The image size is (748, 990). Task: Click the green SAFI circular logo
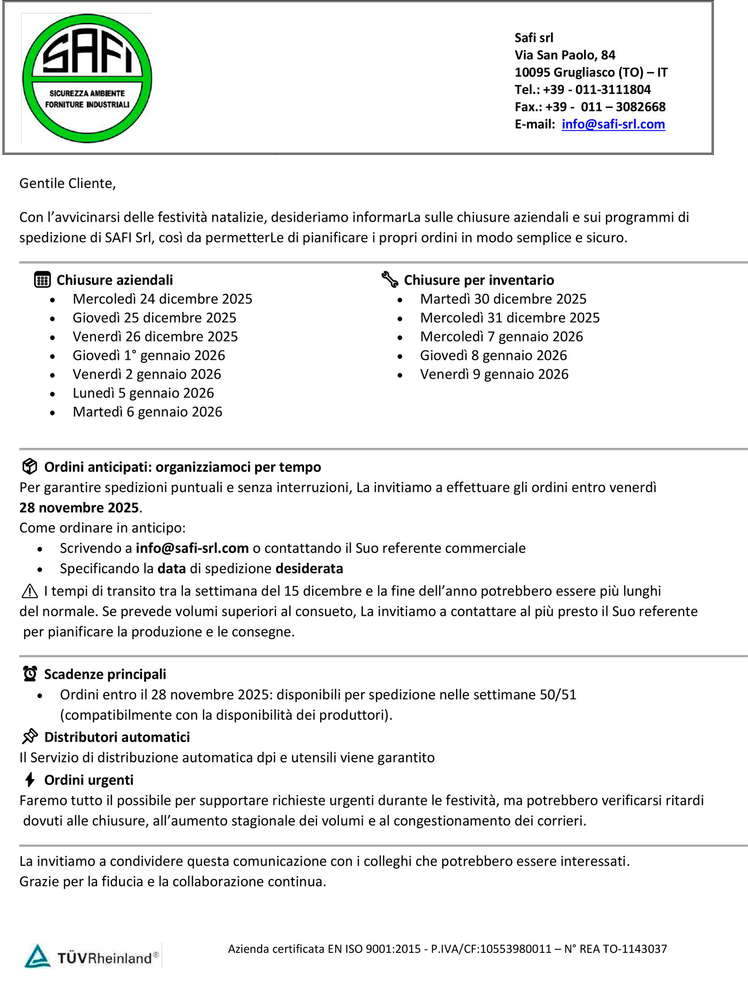[x=87, y=78]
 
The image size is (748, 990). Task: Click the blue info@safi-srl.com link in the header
[x=613, y=124]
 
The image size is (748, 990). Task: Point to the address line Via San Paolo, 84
[x=564, y=55]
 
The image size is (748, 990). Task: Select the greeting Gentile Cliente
[x=67, y=184]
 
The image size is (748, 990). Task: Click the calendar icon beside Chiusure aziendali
[x=43, y=280]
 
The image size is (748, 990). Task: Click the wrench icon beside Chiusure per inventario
[x=390, y=280]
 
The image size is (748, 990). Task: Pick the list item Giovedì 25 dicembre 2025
[x=154, y=318]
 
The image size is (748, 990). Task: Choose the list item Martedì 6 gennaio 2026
[x=147, y=412]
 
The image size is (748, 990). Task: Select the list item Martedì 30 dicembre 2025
[x=503, y=299]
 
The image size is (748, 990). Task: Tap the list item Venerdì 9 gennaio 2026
[x=494, y=374]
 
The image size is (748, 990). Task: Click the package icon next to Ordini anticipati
[x=30, y=466]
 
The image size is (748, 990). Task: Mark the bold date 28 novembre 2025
[x=79, y=508]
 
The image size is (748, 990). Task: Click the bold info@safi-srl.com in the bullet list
[x=192, y=548]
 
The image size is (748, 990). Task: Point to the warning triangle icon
[x=30, y=591]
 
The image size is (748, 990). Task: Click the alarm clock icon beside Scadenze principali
[x=30, y=674]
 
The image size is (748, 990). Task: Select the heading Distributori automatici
[x=117, y=738]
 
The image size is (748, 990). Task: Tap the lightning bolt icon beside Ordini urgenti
[x=30, y=780]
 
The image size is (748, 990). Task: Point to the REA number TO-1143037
[x=635, y=949]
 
